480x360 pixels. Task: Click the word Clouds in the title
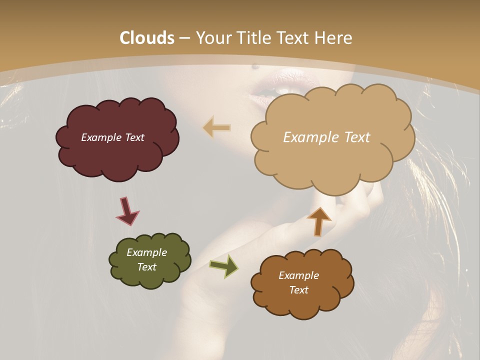147,38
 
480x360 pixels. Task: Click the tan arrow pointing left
217,128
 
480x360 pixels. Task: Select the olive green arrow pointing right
224,265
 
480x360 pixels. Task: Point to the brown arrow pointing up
318,221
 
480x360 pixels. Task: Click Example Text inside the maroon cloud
112,137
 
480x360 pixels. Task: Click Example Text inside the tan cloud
326,137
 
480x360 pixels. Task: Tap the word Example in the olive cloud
146,252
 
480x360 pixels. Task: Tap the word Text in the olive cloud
146,267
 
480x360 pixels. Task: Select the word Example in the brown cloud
298,275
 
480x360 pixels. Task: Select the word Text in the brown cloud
298,290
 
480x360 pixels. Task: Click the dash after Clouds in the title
184,38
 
